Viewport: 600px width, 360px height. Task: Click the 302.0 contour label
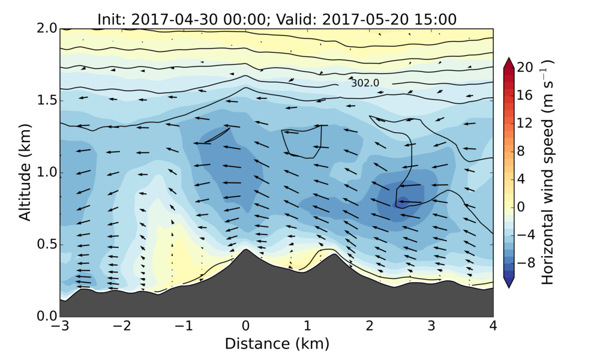point(365,83)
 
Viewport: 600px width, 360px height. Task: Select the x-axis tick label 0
point(245,327)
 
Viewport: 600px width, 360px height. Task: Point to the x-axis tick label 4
point(493,327)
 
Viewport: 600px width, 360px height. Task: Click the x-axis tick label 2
point(369,327)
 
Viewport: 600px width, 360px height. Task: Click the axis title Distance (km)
point(277,344)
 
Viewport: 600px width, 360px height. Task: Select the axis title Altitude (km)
point(25,172)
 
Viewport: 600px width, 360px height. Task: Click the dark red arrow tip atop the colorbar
point(508,62)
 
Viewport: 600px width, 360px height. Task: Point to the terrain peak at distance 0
point(245,250)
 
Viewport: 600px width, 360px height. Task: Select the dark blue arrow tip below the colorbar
point(508,284)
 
